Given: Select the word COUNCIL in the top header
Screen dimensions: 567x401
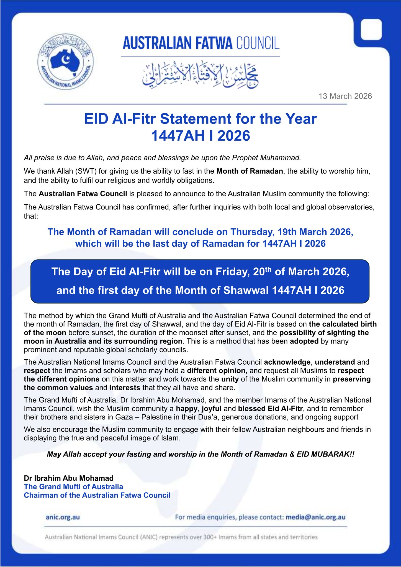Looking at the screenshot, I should pos(258,43).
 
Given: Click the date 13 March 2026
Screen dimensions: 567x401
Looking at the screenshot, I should pos(345,96).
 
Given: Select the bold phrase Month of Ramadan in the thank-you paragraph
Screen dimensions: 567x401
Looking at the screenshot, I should pos(250,171).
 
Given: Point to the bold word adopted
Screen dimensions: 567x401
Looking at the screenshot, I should pos(304,341).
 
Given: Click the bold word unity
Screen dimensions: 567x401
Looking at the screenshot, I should pos(230,379).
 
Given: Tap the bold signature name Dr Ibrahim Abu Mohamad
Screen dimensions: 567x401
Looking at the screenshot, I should pos(69,478).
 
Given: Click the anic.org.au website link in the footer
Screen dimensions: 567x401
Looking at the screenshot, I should pos(63,517).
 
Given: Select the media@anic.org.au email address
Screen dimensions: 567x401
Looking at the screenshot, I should pos(315,517).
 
